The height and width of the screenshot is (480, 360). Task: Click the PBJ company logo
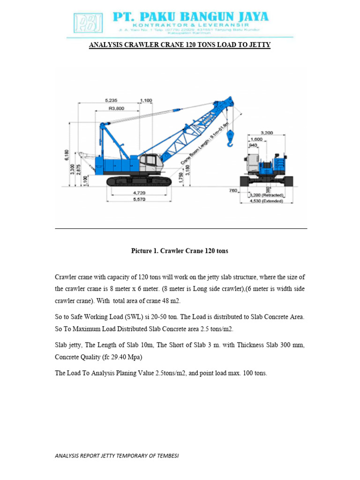[88, 22]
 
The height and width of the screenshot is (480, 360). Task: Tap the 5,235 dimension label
[111, 100]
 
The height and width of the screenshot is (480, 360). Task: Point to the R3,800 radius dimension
[116, 108]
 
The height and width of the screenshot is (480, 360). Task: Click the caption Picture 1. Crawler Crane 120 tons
[180, 251]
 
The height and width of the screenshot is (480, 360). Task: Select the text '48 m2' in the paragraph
[170, 300]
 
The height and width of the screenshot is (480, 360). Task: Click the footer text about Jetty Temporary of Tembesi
[117, 456]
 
